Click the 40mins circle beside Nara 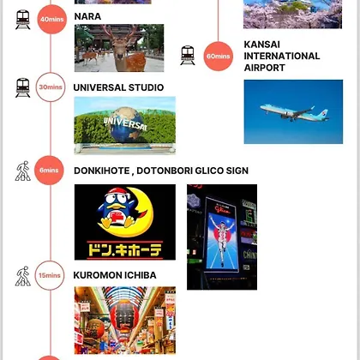click(52, 20)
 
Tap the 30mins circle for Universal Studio click(51, 87)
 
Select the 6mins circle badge click(49, 171)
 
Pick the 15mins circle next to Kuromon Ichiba click(50, 275)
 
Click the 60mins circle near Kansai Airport click(219, 56)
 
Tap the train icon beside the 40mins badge click(23, 20)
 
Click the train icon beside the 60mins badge click(188, 56)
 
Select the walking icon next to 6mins click(23, 171)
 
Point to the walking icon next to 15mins click(23, 276)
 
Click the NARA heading click(87, 16)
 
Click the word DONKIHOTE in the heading click(102, 171)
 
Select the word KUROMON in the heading click(94, 275)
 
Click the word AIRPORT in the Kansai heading click(265, 68)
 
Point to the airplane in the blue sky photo click(294, 112)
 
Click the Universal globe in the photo click(127, 124)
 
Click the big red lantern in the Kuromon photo click(125, 317)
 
